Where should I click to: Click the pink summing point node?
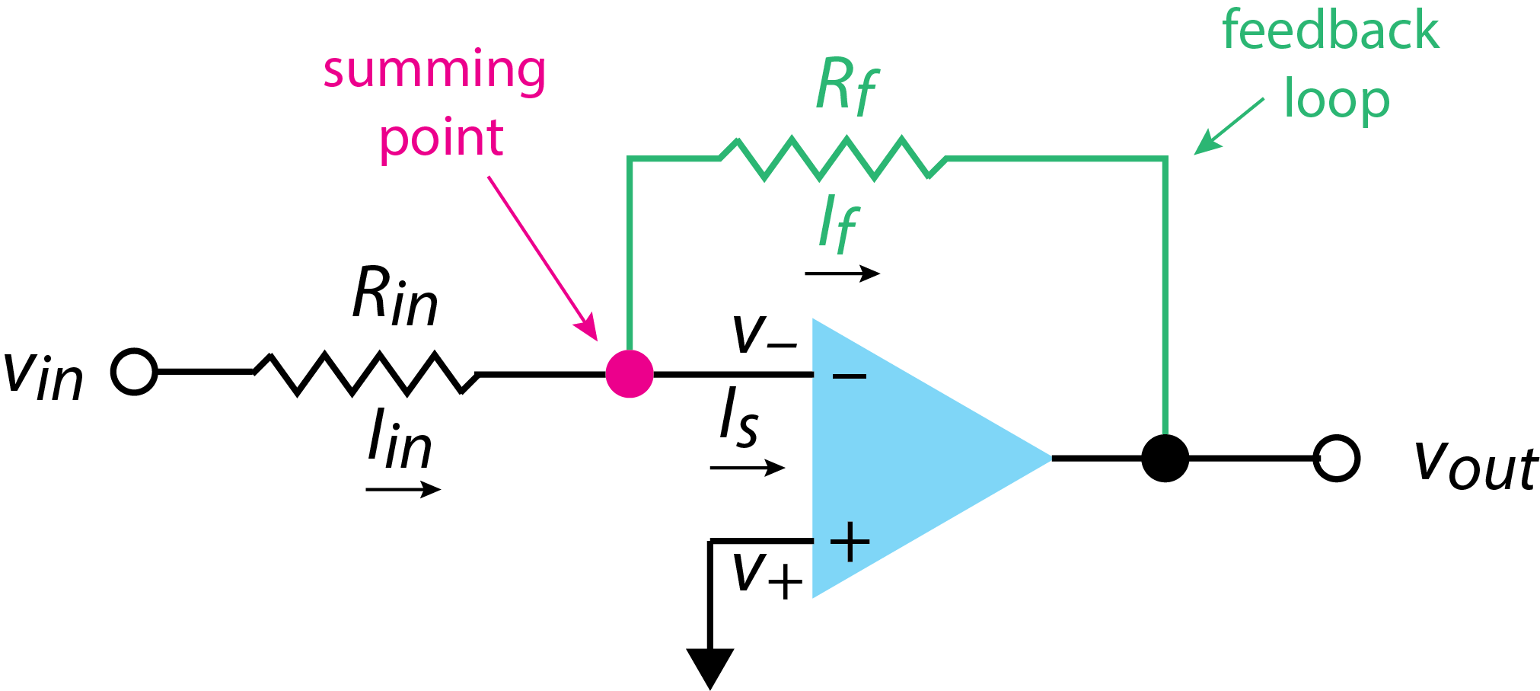[x=630, y=373]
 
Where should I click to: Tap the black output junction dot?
[x=1165, y=458]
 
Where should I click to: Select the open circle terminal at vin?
[x=134, y=372]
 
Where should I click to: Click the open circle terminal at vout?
[x=1337, y=459]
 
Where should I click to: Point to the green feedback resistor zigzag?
[x=833, y=158]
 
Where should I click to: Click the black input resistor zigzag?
[x=365, y=373]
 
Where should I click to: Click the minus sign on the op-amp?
[x=850, y=376]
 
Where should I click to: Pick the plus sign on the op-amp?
[x=850, y=542]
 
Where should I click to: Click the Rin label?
[x=394, y=297]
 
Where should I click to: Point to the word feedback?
[x=1330, y=30]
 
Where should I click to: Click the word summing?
[x=434, y=70]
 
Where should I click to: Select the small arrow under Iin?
[x=403, y=489]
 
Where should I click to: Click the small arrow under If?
[x=842, y=274]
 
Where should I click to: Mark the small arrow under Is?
[x=747, y=467]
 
